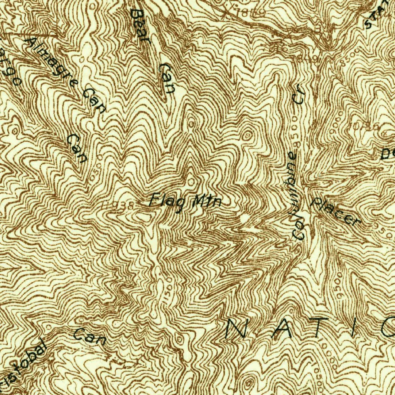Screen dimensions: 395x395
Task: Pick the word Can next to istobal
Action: (90, 336)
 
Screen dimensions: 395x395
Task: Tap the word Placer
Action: (336, 212)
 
